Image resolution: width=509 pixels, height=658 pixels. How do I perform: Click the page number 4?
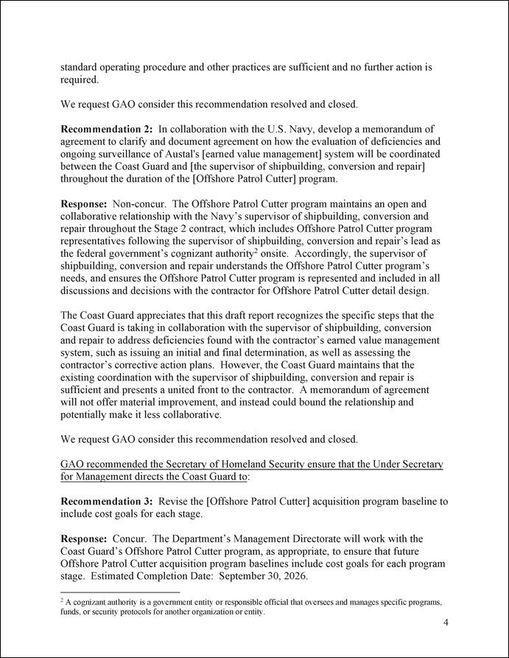coord(446,623)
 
